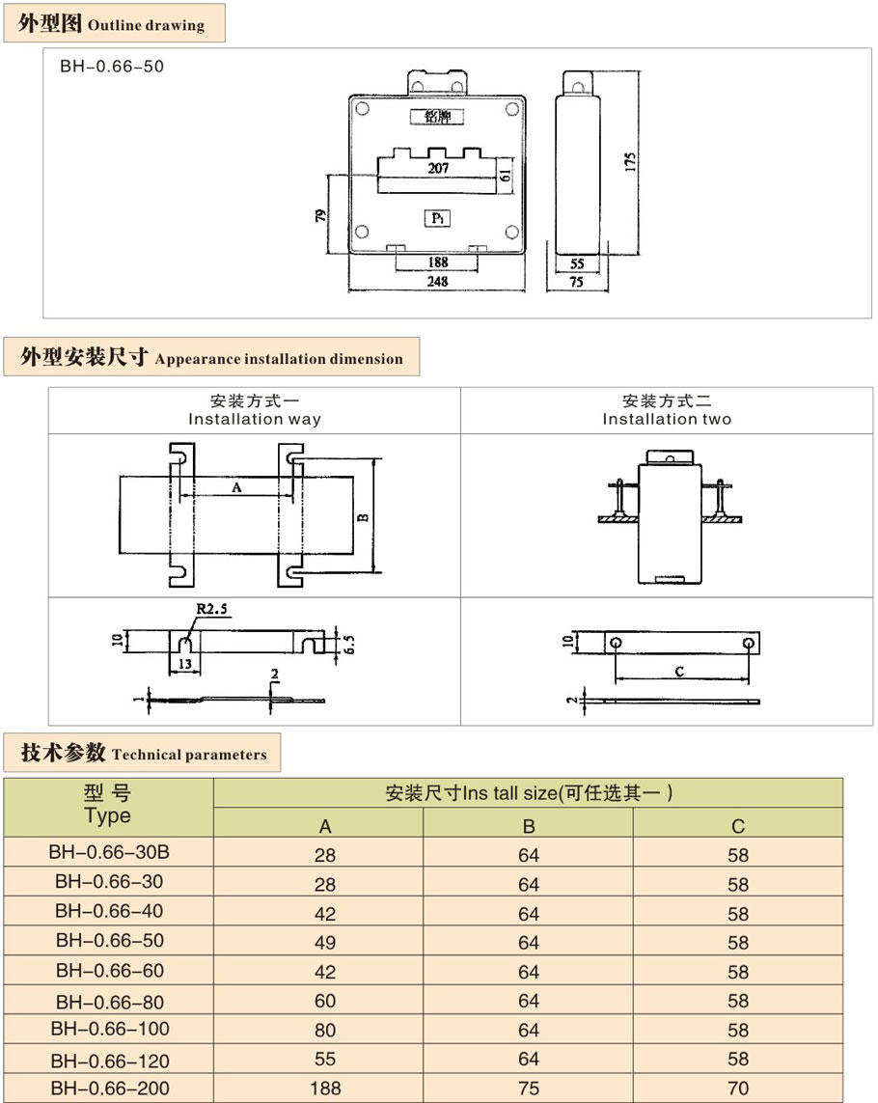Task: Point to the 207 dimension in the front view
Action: pos(437,168)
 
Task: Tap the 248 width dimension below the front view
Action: pos(437,282)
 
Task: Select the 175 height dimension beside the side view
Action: pos(629,161)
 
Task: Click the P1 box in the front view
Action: pos(437,219)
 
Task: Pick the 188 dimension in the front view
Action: pos(437,262)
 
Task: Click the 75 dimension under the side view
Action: pos(577,283)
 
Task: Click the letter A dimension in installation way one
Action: pos(236,488)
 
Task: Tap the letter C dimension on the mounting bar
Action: pos(680,672)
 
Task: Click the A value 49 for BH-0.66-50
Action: pos(325,943)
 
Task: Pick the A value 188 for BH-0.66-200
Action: pos(325,1089)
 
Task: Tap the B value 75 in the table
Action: pos(529,1089)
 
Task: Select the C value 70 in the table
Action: pos(738,1089)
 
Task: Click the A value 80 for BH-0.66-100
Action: pos(325,1031)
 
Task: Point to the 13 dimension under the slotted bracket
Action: pos(184,665)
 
